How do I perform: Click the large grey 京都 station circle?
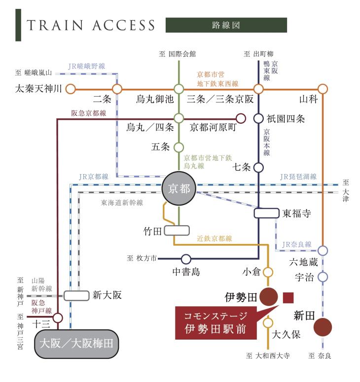click(x=179, y=188)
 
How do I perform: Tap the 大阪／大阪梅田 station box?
click(x=76, y=344)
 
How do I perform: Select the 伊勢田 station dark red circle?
click(x=268, y=297)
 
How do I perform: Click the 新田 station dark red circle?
click(x=323, y=327)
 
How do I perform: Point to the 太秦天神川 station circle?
click(x=71, y=89)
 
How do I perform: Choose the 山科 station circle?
click(x=323, y=89)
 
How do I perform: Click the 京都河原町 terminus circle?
click(x=241, y=119)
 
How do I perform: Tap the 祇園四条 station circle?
click(x=258, y=119)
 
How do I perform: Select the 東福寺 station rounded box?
click(x=266, y=213)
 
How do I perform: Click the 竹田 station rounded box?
click(x=177, y=231)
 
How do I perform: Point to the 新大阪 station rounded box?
click(x=76, y=296)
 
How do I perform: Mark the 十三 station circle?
click(x=58, y=317)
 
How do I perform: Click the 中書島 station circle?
click(x=186, y=259)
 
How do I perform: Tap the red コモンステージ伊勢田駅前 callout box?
click(x=216, y=323)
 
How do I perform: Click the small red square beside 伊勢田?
click(x=288, y=298)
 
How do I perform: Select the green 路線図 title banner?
click(x=226, y=25)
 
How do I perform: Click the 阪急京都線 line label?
click(x=88, y=113)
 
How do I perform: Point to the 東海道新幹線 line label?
click(x=122, y=203)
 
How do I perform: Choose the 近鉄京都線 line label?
click(x=214, y=238)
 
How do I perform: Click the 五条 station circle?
click(x=179, y=147)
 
